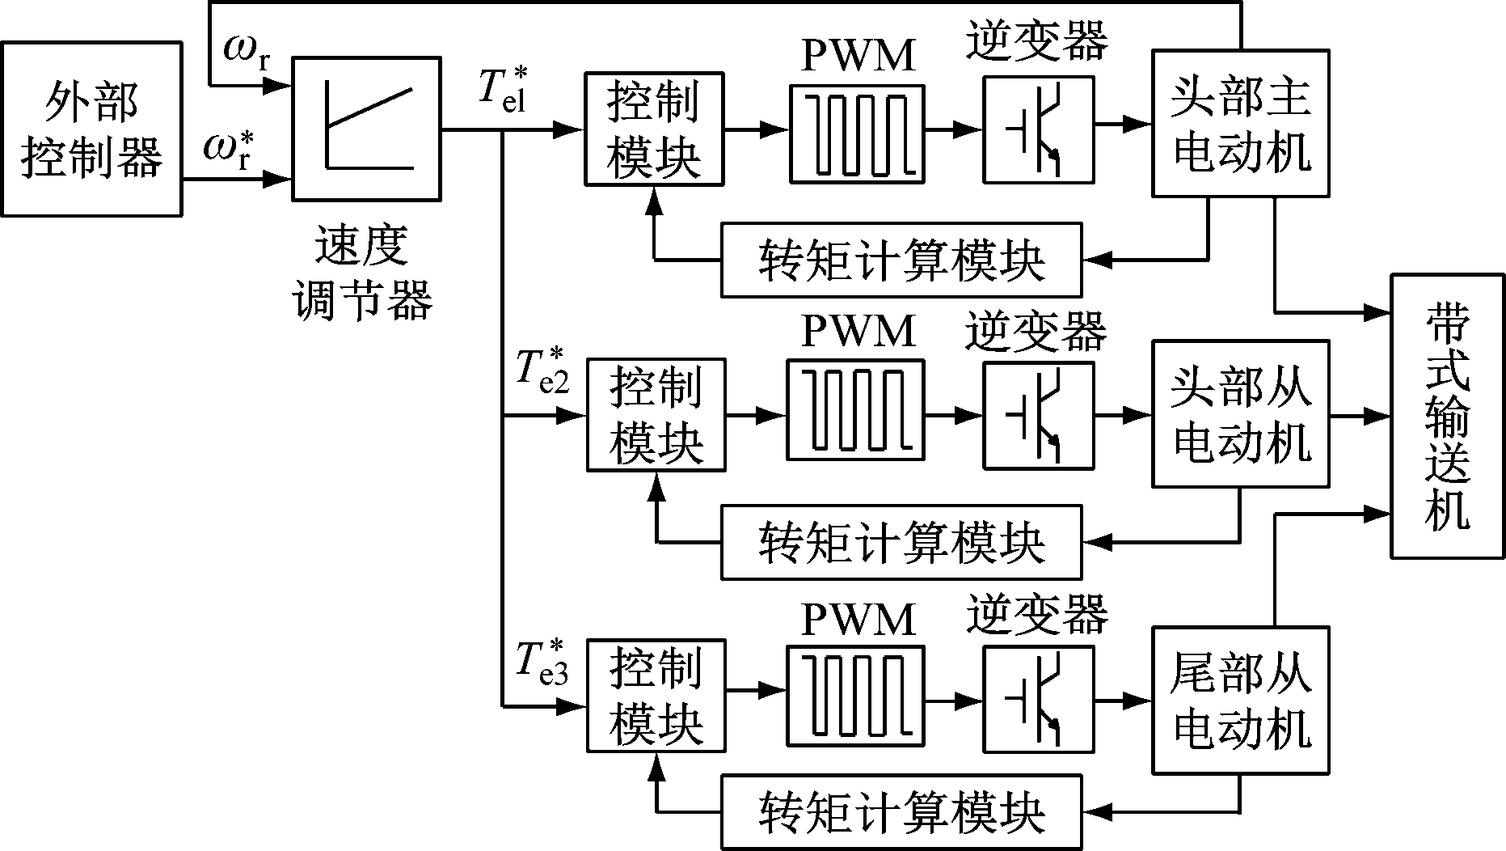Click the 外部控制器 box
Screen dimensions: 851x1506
[x=91, y=129]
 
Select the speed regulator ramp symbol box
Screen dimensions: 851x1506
[x=366, y=129]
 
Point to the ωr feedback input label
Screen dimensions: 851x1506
[x=247, y=52]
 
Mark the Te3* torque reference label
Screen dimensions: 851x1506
[x=542, y=662]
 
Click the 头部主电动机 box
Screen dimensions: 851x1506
[x=1240, y=123]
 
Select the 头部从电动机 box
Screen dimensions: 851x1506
[x=1240, y=413]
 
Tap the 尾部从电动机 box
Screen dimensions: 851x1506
[x=1240, y=700]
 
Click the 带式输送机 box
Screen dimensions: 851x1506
[x=1447, y=416]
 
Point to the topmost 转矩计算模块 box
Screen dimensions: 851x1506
[x=901, y=260]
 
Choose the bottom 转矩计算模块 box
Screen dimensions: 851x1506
[x=901, y=813]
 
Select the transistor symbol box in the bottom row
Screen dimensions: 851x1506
[x=1038, y=700]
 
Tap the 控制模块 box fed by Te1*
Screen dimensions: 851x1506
[x=653, y=129]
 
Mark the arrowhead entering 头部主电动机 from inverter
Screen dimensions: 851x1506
[x=1141, y=124]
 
